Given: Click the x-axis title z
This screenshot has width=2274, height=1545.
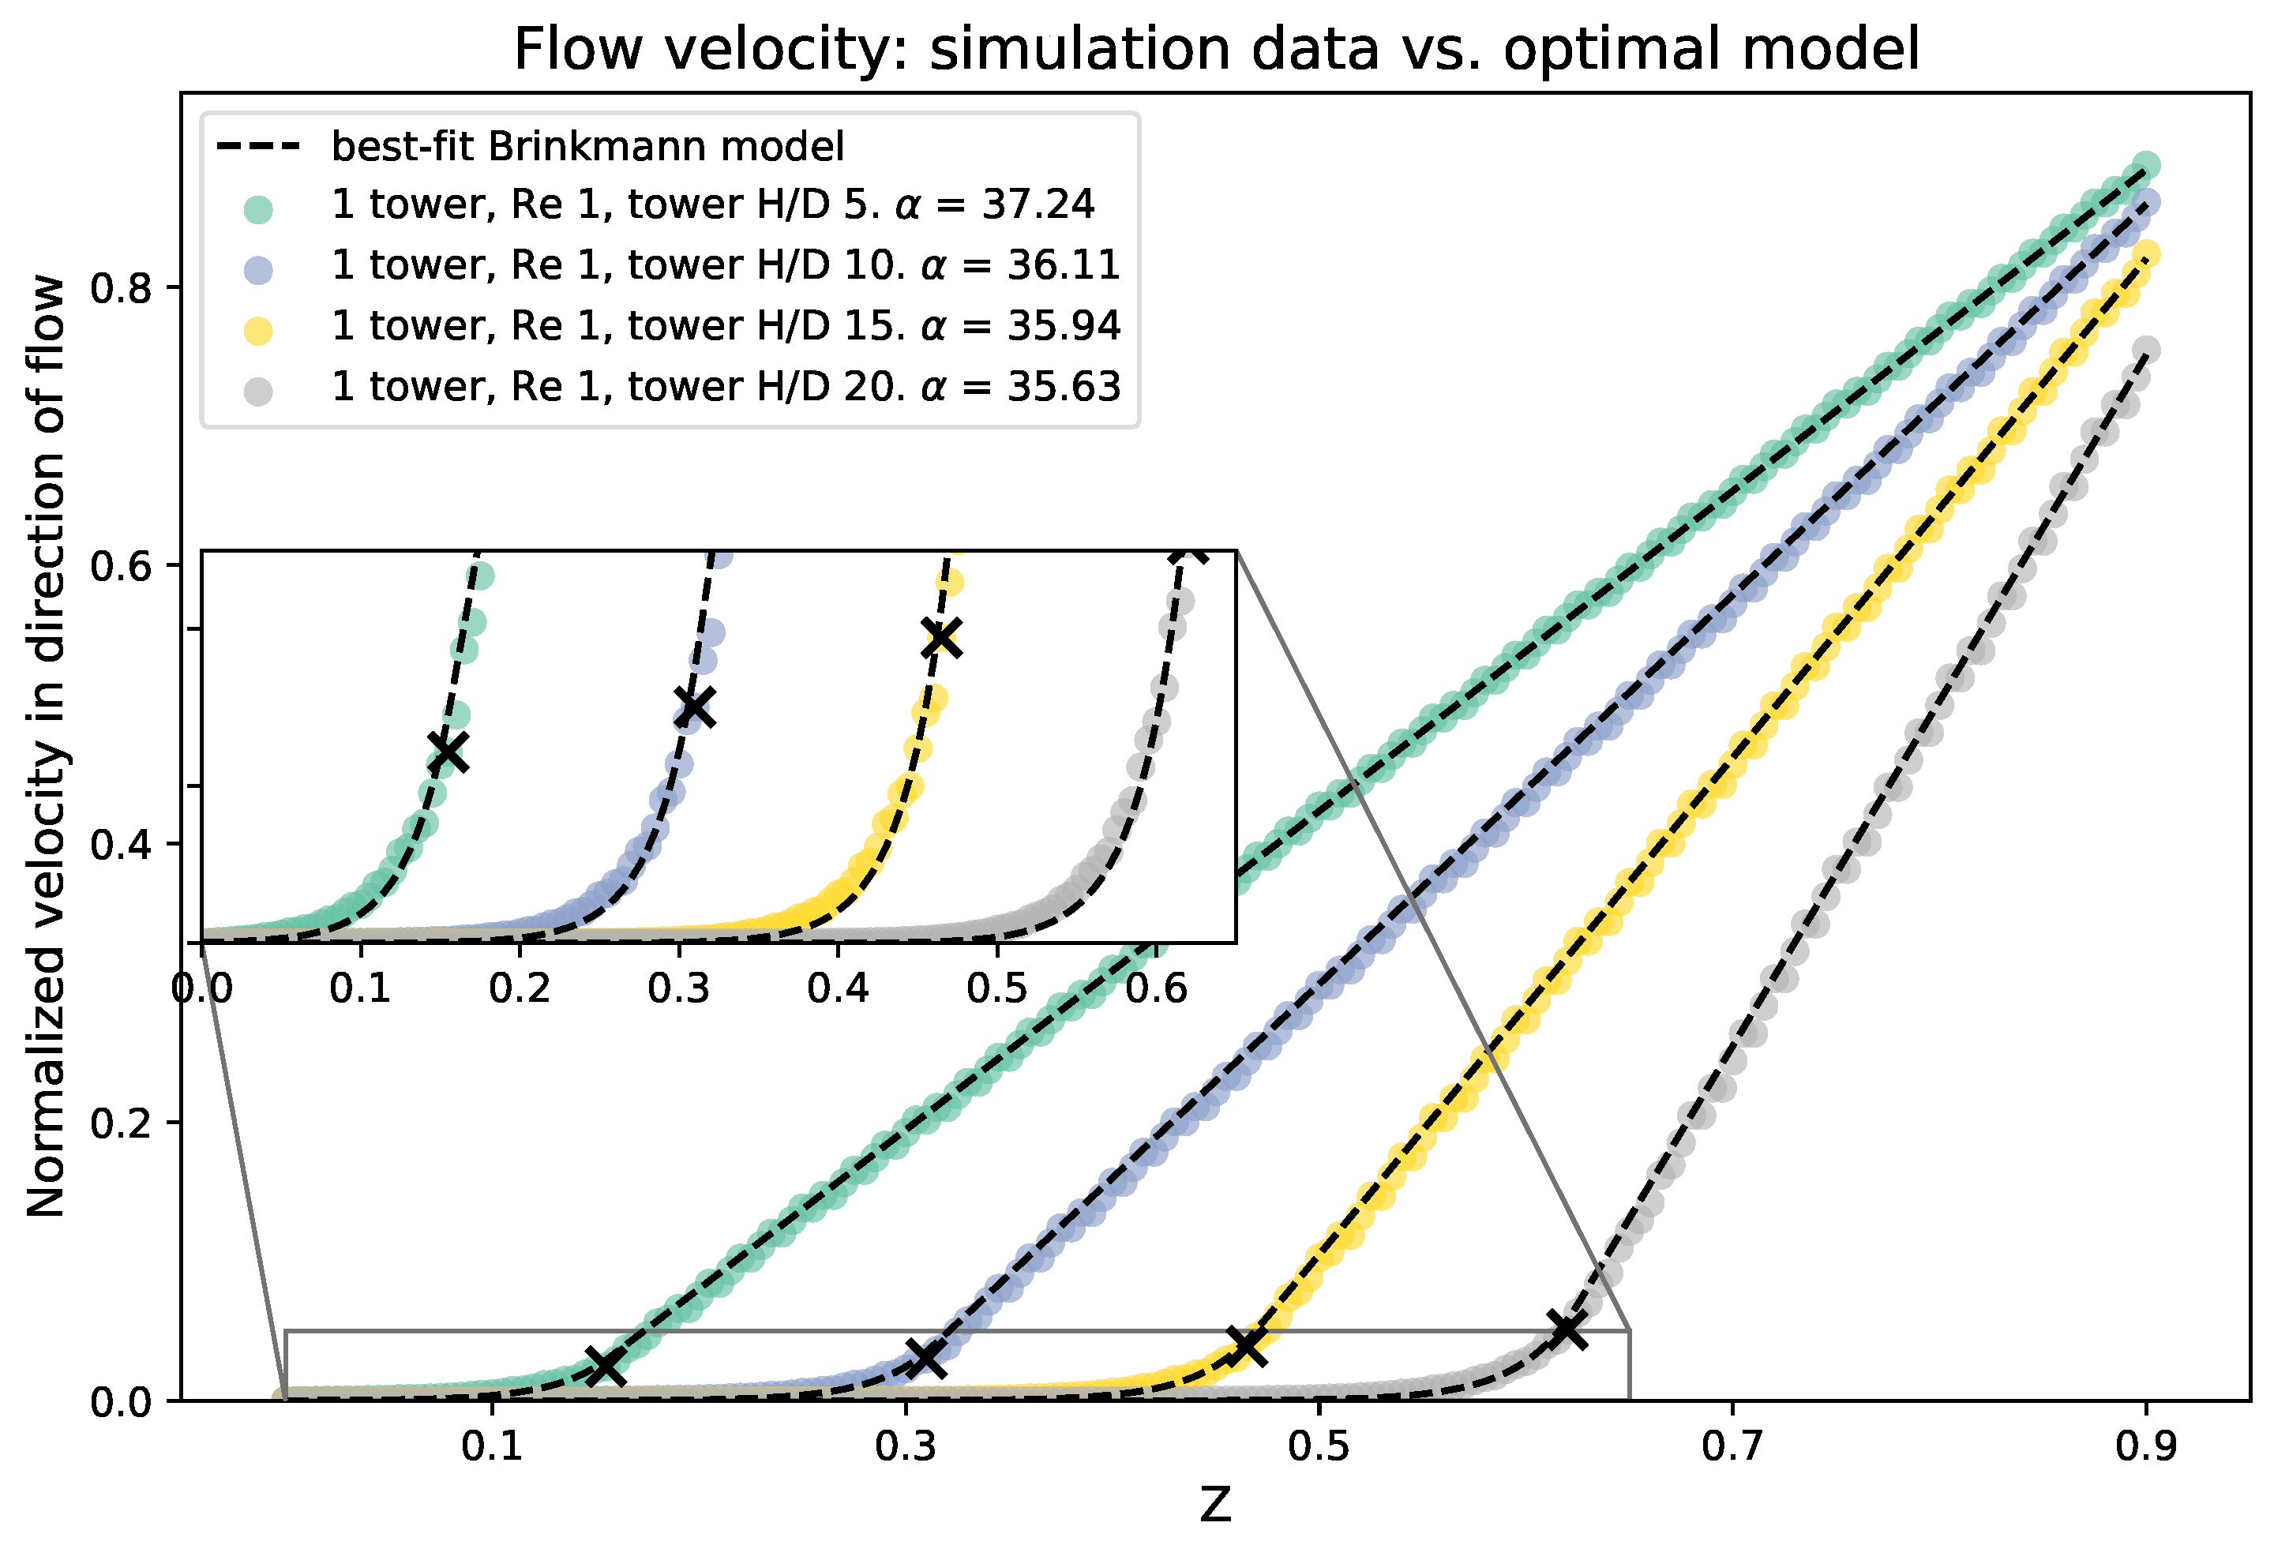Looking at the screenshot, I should tap(1214, 1504).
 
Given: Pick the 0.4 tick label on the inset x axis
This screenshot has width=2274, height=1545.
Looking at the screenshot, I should tap(838, 988).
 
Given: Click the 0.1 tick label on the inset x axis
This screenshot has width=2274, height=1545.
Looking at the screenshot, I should tap(360, 988).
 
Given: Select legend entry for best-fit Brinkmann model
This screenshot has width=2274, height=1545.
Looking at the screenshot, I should tap(587, 147).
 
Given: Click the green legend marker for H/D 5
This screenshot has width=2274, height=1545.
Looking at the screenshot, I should tap(258, 208).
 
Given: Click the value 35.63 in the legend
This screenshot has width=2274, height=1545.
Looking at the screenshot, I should tap(1064, 388).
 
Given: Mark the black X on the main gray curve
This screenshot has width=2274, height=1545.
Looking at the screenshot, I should tap(1567, 1329).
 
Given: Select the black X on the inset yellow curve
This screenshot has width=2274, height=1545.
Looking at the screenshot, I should tap(941, 638).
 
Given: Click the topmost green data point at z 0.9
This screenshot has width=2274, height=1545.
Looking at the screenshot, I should tap(2146, 164).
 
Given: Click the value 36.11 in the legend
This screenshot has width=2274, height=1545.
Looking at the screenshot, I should tap(1064, 266).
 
